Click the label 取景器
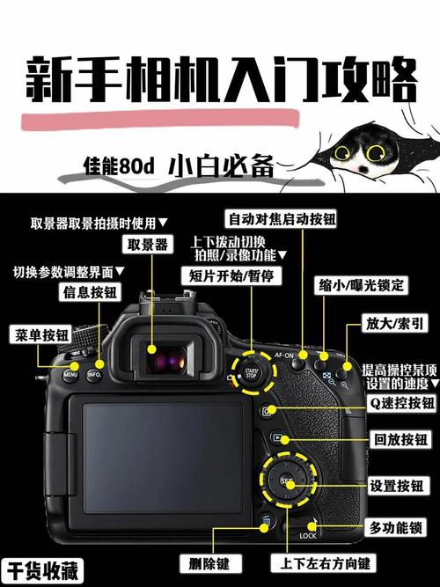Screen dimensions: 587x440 tap(148, 244)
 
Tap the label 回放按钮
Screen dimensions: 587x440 tap(401, 438)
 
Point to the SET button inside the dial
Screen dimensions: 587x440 tap(287, 481)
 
